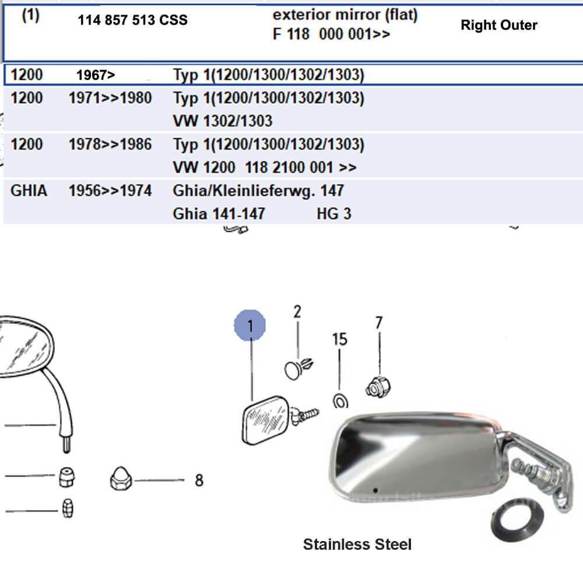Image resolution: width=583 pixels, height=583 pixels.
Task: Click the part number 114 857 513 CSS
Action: click(132, 20)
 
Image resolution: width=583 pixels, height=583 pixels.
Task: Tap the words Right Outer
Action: click(498, 25)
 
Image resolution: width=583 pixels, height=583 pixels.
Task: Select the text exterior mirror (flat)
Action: click(345, 16)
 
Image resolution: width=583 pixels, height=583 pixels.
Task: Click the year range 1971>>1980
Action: click(110, 98)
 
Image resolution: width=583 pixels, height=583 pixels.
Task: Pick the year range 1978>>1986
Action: click(110, 144)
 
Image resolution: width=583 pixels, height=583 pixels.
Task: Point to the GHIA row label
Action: click(29, 191)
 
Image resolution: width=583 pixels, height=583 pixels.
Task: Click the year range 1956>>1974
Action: click(110, 191)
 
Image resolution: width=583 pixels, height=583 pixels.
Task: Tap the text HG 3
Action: click(334, 214)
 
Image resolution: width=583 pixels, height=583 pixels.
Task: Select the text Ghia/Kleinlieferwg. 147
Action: click(258, 191)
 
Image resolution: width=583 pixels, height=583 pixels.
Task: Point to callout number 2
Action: click(297, 312)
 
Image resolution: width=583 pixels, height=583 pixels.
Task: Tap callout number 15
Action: click(339, 339)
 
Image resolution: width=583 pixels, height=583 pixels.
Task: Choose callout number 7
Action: click(379, 322)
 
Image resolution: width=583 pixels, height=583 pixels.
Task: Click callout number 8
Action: click(199, 480)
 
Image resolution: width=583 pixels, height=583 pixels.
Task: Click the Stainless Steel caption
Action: click(357, 545)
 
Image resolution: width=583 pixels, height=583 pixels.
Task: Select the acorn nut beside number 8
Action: click(121, 480)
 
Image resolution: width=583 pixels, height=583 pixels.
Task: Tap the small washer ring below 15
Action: click(339, 401)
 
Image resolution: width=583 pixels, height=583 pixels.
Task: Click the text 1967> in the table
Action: click(96, 75)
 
